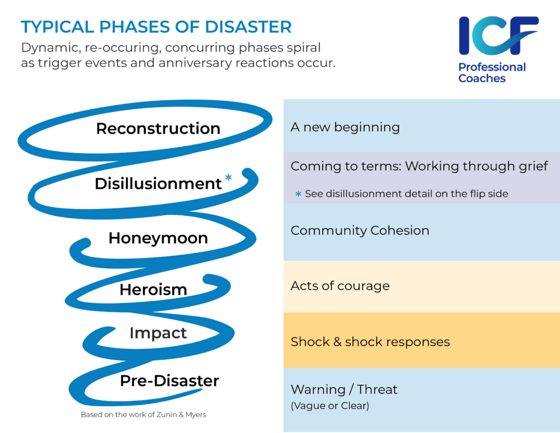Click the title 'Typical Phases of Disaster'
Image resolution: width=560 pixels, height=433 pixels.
(x=156, y=27)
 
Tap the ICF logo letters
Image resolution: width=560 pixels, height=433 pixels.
(x=498, y=36)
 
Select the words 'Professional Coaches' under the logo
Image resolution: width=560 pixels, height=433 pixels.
(x=492, y=73)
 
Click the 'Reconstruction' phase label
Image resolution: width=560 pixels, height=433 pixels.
(x=158, y=128)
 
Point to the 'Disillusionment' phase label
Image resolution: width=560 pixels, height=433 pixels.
(x=158, y=184)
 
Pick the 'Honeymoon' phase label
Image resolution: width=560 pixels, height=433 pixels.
(x=158, y=238)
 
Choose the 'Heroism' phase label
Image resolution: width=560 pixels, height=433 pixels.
(x=153, y=290)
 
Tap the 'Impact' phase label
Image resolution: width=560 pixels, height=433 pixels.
(x=158, y=333)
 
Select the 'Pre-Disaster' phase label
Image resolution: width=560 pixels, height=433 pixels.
(x=170, y=381)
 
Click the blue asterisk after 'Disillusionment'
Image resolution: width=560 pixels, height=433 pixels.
(x=229, y=177)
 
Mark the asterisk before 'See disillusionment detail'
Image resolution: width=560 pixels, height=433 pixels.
(x=298, y=194)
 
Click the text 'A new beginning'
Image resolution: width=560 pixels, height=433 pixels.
(x=345, y=128)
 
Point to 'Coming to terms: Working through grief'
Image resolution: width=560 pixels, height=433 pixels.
(x=419, y=166)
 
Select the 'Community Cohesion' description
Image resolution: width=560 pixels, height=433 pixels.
(x=360, y=230)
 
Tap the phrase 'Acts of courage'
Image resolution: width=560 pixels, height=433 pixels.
(x=340, y=286)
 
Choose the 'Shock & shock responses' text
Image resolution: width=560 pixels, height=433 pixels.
(x=370, y=342)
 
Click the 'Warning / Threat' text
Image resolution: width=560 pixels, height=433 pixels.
(x=344, y=389)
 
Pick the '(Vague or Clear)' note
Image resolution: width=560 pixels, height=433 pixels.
(x=330, y=406)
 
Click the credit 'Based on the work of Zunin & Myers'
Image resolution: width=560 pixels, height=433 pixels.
(x=143, y=415)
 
